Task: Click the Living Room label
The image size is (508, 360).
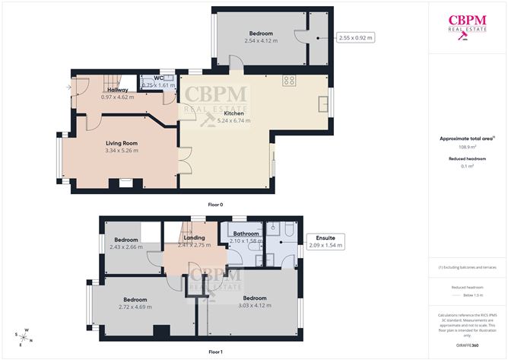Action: click(x=121, y=142)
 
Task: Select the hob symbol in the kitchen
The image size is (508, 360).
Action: click(x=290, y=79)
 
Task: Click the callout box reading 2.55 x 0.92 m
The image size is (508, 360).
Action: click(x=357, y=37)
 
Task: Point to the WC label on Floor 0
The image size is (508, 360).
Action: click(x=159, y=78)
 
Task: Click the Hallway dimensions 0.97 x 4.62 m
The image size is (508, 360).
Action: click(x=118, y=97)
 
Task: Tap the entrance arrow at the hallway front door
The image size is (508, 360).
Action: click(x=70, y=88)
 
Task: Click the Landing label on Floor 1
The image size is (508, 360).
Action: click(x=195, y=237)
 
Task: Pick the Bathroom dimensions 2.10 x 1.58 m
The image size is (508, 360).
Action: click(x=246, y=241)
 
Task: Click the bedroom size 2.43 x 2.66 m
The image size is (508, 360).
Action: click(x=125, y=247)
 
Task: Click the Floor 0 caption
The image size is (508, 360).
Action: click(x=215, y=205)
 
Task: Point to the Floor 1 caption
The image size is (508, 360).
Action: click(x=215, y=352)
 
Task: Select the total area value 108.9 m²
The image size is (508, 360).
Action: click(x=468, y=147)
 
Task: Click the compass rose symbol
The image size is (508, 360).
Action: click(x=24, y=337)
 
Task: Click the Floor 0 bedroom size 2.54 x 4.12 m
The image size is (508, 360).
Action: click(x=261, y=40)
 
